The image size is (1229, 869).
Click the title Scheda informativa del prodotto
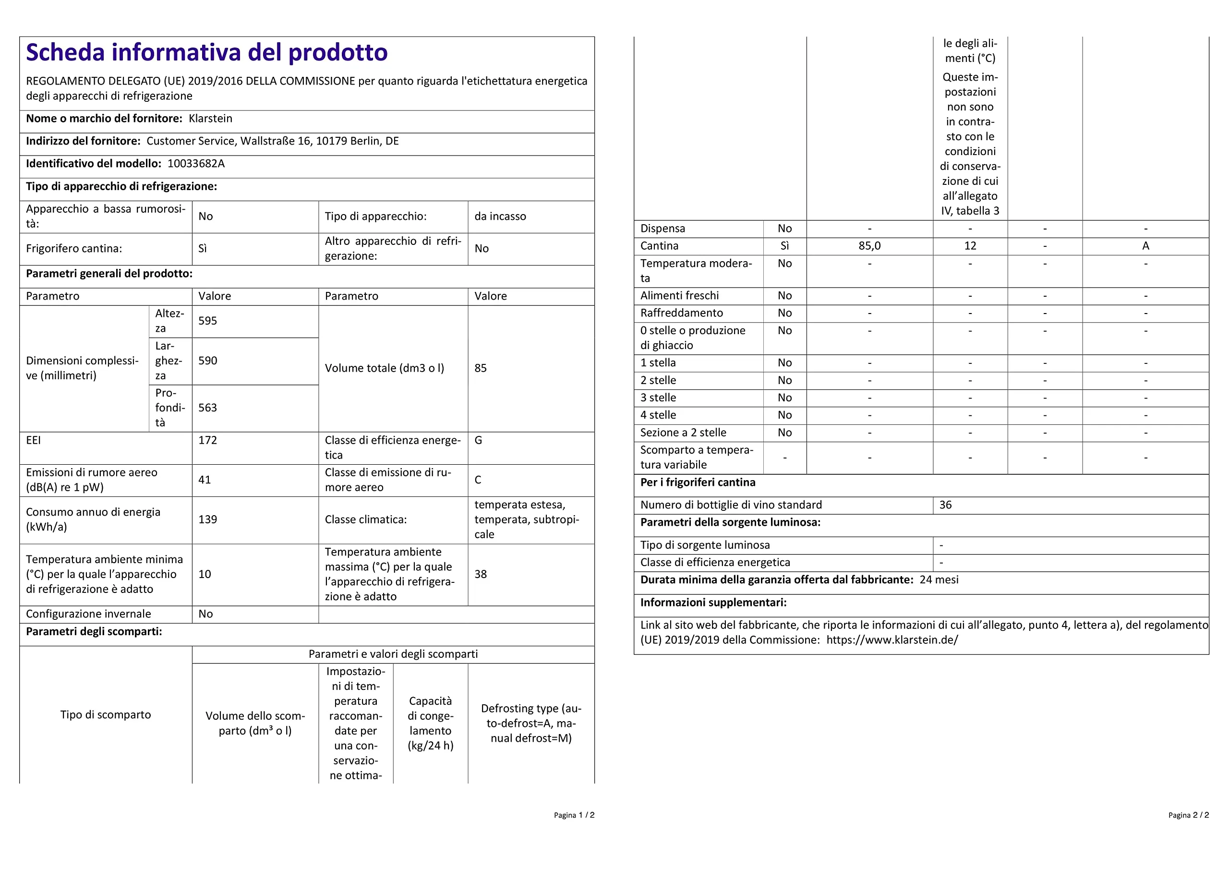point(206,52)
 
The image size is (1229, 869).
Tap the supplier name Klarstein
point(210,118)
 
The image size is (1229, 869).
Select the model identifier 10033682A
point(196,163)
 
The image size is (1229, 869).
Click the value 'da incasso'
point(500,217)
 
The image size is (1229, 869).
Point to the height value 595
point(208,321)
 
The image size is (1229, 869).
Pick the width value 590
point(208,361)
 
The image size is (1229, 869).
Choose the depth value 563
point(208,408)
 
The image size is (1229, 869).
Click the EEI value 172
point(208,440)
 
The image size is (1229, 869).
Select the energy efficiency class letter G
point(478,440)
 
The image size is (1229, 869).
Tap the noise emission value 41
point(205,480)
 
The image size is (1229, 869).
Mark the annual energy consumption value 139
point(208,519)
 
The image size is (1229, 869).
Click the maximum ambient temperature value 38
point(481,574)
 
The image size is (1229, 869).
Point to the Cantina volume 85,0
point(869,246)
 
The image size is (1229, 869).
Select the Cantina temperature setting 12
point(970,246)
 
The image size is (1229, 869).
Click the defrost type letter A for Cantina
point(1145,246)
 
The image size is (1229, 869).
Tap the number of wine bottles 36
point(945,505)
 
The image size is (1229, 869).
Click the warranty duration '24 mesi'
point(939,579)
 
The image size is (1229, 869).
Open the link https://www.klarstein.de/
point(892,640)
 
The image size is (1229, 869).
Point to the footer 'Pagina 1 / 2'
point(574,815)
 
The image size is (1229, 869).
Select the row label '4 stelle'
point(658,415)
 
